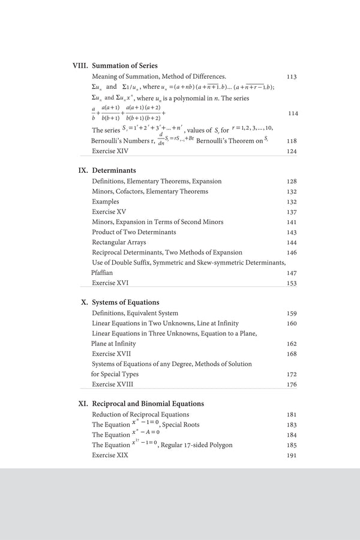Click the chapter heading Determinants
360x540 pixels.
tap(114, 170)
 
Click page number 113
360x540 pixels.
tap(292, 77)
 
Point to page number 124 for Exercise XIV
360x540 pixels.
tap(292, 151)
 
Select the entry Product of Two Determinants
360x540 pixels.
tap(134, 232)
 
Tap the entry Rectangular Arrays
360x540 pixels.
tap(119, 242)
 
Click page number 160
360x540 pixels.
tap(292, 323)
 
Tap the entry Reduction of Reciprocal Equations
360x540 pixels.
tap(140, 415)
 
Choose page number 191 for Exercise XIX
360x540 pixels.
tap(292, 455)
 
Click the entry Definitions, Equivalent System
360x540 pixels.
tap(135, 313)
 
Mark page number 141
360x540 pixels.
tap(292, 222)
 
